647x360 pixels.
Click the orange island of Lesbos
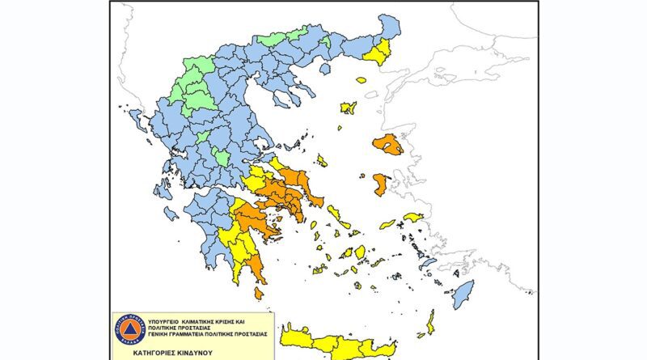[x=389, y=146]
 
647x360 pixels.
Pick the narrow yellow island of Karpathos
[x=430, y=321]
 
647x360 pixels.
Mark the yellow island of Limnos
[x=349, y=108]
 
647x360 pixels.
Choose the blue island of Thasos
[x=326, y=70]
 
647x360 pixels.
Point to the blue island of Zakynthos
[x=171, y=214]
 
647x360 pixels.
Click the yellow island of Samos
[x=413, y=217]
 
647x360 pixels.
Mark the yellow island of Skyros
[x=322, y=160]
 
